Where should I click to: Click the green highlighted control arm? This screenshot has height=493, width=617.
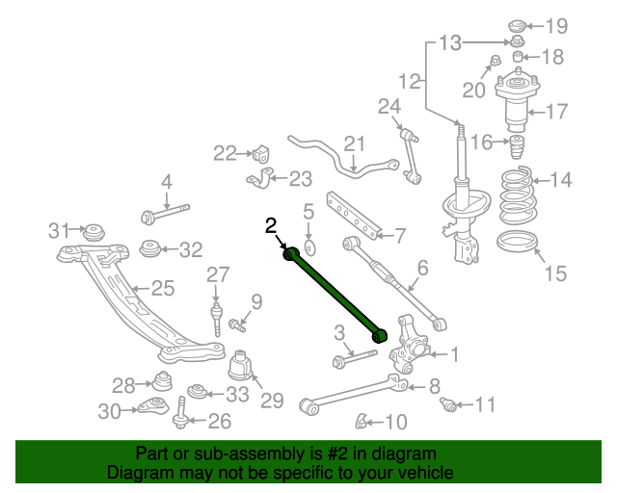(x=335, y=295)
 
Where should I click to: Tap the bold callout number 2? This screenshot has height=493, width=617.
(x=271, y=226)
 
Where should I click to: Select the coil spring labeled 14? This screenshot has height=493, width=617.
(x=518, y=195)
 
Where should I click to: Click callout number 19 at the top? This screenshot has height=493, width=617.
(x=556, y=26)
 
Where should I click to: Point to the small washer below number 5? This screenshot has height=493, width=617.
(x=310, y=248)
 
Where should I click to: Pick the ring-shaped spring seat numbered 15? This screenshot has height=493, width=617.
(x=518, y=241)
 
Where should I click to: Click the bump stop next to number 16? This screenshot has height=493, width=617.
(x=517, y=147)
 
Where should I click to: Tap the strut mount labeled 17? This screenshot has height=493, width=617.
(x=517, y=103)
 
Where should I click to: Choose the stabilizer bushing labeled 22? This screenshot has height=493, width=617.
(x=260, y=153)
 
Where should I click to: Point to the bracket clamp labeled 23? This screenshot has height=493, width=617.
(x=260, y=178)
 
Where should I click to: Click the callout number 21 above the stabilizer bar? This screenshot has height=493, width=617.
(x=354, y=143)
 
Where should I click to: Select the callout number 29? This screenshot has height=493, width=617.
(x=272, y=401)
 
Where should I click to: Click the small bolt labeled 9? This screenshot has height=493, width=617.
(x=237, y=325)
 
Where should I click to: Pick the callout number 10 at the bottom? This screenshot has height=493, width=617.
(x=396, y=422)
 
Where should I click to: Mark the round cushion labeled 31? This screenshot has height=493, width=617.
(x=94, y=232)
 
